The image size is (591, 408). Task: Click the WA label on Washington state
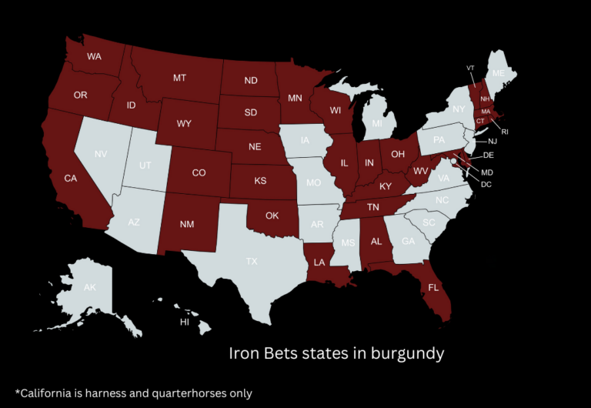[x=94, y=57]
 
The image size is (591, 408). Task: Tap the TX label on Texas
[x=252, y=262]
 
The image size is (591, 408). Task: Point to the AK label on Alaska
[x=90, y=287]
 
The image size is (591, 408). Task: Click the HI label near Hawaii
[x=185, y=323]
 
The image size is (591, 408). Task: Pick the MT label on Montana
[x=180, y=78]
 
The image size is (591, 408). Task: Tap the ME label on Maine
[x=499, y=73]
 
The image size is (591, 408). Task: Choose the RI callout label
[x=505, y=132]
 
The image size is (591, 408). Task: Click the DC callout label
[x=486, y=184]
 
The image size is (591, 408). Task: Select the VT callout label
[x=470, y=68]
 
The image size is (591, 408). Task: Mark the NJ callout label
[x=492, y=142]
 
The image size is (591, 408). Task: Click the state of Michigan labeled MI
[x=377, y=124]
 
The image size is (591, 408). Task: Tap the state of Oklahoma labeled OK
[x=272, y=216]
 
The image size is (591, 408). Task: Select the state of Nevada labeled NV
[x=101, y=154]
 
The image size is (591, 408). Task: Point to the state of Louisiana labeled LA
[x=319, y=263]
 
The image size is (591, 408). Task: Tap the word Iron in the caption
[x=244, y=353]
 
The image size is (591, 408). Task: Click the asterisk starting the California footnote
[x=17, y=391]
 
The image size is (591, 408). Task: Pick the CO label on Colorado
[x=199, y=173]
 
